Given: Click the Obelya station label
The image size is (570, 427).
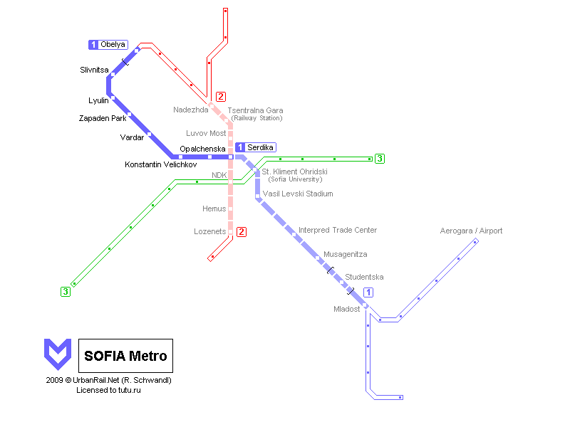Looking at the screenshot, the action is (113, 44).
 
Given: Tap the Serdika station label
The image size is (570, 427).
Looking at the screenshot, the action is (260, 147).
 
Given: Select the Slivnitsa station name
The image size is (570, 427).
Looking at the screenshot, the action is (94, 70).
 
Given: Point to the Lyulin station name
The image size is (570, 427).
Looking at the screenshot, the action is (98, 100).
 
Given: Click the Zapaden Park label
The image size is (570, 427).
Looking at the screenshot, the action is (103, 118).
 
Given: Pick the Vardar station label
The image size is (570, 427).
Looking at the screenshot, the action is (132, 137).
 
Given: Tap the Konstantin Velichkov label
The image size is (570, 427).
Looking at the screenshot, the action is (161, 164).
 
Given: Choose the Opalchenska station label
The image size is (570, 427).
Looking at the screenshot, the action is (202, 149).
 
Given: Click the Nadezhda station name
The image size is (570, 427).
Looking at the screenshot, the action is (191, 110).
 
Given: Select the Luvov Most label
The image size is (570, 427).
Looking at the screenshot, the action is (206, 133).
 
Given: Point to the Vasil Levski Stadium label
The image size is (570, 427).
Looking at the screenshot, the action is (298, 194).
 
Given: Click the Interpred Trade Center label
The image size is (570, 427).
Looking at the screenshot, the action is (338, 230).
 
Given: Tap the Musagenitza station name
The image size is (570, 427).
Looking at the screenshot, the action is (346, 254).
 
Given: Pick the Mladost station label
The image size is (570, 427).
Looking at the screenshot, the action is (347, 309).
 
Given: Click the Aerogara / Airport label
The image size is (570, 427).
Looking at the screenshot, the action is (471, 231).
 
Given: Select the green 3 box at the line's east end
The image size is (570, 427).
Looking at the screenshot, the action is (380, 159).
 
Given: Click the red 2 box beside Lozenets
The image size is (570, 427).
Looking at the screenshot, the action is (242, 232).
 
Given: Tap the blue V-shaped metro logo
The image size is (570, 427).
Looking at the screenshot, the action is (58, 354).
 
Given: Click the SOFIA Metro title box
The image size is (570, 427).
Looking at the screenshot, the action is (126, 356).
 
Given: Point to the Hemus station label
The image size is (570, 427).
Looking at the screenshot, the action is (214, 209).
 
